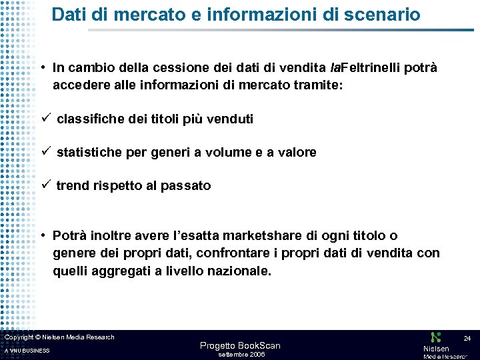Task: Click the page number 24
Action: tap(467, 339)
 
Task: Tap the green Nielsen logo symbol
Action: tap(436, 338)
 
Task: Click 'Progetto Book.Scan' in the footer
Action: tap(240, 345)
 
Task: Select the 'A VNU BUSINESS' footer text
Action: tap(27, 351)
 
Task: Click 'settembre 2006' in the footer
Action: tap(242, 354)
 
